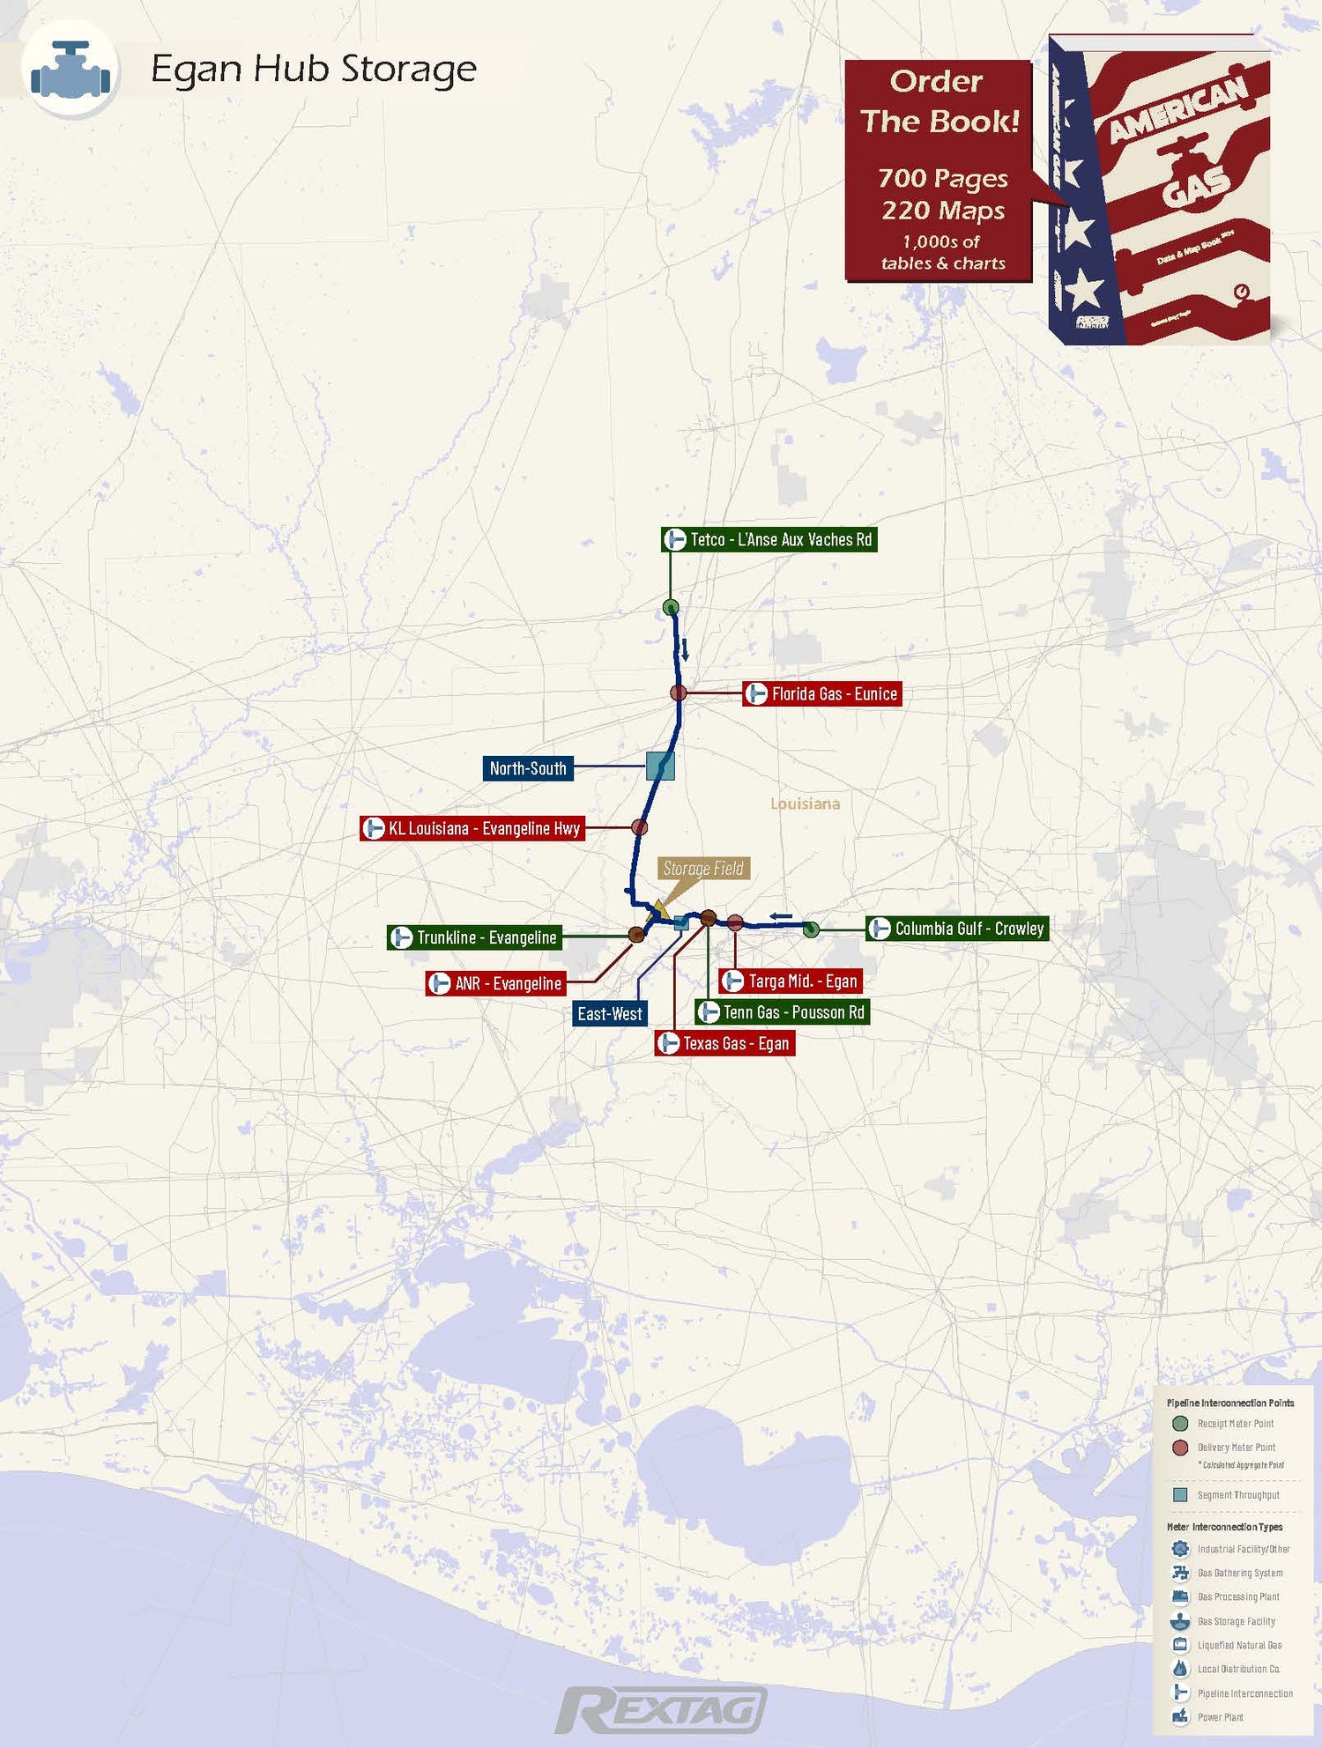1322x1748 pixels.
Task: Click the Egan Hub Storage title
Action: point(313,69)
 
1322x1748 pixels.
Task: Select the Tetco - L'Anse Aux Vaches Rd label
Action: point(769,539)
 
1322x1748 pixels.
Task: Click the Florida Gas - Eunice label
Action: point(822,694)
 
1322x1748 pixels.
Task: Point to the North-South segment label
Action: point(528,768)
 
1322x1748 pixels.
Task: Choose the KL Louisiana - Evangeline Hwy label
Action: point(473,828)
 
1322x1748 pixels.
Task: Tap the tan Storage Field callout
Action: point(703,869)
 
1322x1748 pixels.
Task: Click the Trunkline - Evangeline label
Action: point(475,937)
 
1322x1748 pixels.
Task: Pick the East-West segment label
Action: point(610,1013)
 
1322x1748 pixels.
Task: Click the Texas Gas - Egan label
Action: point(724,1044)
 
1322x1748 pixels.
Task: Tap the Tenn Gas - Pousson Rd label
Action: point(783,1012)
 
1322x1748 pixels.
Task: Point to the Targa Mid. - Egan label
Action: point(791,981)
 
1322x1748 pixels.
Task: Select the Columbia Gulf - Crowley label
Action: point(957,929)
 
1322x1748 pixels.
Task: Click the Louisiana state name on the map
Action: point(805,804)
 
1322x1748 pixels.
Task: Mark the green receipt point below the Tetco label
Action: point(671,607)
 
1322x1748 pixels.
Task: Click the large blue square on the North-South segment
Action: point(660,766)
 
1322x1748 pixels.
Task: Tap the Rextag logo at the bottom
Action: point(661,1710)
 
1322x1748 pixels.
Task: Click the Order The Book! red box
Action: point(939,171)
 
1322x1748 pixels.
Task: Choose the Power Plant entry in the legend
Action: point(1220,1717)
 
